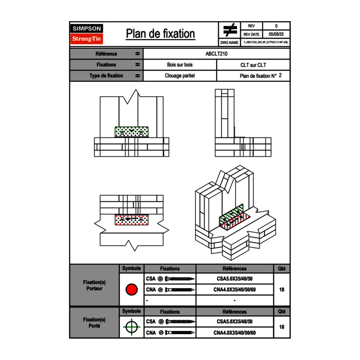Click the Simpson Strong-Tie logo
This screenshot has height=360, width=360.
coord(87,34)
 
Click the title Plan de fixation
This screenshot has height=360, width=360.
coord(160,34)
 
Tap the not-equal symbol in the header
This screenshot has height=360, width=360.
coord(230,30)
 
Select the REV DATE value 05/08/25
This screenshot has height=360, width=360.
coord(276,34)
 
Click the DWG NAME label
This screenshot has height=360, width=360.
coord(229,43)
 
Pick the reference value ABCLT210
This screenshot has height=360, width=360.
coord(216,54)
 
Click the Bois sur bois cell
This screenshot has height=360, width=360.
coord(180,65)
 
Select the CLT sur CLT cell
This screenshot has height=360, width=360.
coord(253,65)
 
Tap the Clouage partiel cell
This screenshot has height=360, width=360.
coord(180,76)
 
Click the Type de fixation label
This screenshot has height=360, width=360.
coord(106,76)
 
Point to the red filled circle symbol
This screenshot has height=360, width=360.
coord(131,289)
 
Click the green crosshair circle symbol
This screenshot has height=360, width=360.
coord(131,327)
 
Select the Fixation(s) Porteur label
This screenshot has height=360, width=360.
coord(94,285)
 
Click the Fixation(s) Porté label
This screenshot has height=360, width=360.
coord(94,322)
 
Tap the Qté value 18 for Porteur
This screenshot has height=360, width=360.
coord(281,289)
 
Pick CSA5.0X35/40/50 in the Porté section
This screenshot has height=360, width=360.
coord(234,322)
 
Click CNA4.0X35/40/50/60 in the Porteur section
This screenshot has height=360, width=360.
coord(234,290)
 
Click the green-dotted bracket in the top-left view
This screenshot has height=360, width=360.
coord(132,132)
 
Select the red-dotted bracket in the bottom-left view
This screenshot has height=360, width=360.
coord(132,220)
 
